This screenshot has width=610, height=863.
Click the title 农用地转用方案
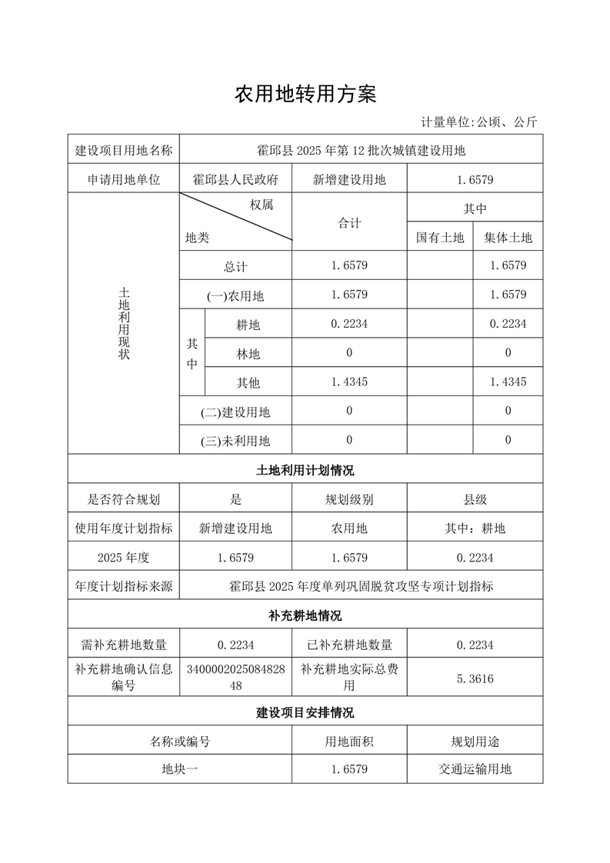tap(305, 95)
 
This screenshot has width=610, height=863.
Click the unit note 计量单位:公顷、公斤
tap(478, 122)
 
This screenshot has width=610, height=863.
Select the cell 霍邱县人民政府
tap(235, 180)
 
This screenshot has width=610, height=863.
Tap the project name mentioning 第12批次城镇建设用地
tap(361, 150)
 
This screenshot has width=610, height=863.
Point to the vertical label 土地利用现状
tap(124, 324)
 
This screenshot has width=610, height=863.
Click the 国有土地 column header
tap(440, 238)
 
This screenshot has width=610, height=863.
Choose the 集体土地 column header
tap(508, 238)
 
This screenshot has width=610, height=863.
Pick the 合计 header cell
tap(349, 222)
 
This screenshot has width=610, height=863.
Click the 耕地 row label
tap(248, 325)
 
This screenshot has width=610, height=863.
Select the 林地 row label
tap(248, 354)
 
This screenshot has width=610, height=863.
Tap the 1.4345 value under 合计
tap(349, 382)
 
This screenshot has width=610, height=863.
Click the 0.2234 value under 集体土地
tap(508, 325)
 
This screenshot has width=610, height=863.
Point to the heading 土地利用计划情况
tap(305, 470)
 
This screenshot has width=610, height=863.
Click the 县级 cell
tap(475, 499)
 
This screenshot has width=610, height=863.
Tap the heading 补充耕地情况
tap(305, 616)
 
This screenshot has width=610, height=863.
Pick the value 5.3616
tap(475, 678)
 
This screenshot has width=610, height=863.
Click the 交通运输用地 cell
tap(475, 768)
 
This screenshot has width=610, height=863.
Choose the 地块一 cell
tap(179, 768)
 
